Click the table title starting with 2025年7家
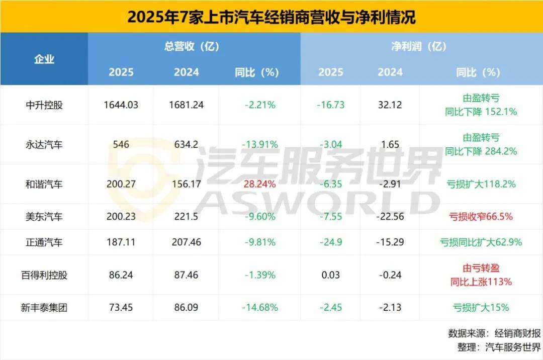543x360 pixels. tap(271, 17)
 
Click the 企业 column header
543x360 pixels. tap(44, 59)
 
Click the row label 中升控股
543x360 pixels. tap(44, 105)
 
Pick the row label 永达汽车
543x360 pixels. tap(44, 145)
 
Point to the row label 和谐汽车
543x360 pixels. tap(44, 184)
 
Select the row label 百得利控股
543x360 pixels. tap(44, 275)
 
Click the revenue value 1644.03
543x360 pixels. tap(121, 105)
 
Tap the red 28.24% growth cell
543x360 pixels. tap(259, 184)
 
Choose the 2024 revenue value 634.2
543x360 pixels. tap(187, 145)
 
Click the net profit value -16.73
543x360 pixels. tap(330, 105)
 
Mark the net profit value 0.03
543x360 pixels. tap(330, 275)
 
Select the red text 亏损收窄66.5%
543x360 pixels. tap(481, 217)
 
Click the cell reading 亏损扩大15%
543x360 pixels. tap(481, 307)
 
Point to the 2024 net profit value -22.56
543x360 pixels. tap(390, 217)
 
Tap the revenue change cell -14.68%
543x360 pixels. tap(259, 307)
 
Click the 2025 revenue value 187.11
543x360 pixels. tap(121, 242)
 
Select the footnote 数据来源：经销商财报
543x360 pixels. tap(494, 333)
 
